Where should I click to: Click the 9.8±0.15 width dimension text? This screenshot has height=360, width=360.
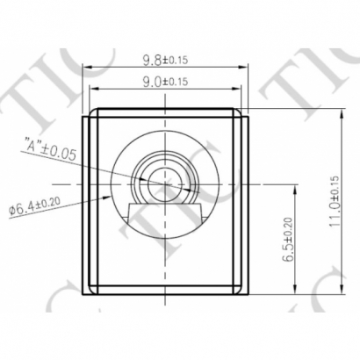(165, 61)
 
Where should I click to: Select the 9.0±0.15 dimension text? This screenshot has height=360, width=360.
(165, 83)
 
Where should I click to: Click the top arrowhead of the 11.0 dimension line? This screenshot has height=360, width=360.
(341, 111)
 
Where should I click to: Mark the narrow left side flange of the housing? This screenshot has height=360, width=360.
(88, 202)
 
